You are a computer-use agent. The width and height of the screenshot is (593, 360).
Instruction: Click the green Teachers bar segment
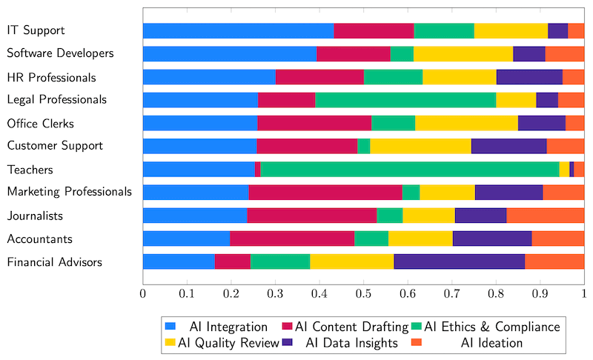(410, 169)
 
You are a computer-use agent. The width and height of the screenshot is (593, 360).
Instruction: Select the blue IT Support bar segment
(238, 30)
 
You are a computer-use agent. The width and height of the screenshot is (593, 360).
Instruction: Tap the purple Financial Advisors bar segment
(459, 261)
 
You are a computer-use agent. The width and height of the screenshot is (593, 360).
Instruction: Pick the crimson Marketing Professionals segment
(325, 193)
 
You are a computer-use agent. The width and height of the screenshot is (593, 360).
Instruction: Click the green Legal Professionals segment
(405, 100)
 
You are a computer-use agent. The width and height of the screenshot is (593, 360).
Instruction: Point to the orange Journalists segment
(545, 216)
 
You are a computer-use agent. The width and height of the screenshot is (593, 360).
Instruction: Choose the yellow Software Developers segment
(463, 53)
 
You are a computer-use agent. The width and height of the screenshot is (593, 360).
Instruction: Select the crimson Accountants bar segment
(292, 239)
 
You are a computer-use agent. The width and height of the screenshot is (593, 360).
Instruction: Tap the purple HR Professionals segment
(529, 77)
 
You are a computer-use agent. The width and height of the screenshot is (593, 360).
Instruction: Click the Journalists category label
(35, 216)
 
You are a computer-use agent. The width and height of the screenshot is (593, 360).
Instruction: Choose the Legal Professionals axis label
(57, 100)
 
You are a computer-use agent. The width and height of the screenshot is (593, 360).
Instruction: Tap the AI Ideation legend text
(491, 343)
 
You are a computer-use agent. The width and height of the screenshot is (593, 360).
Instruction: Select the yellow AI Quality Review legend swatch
(170, 343)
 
